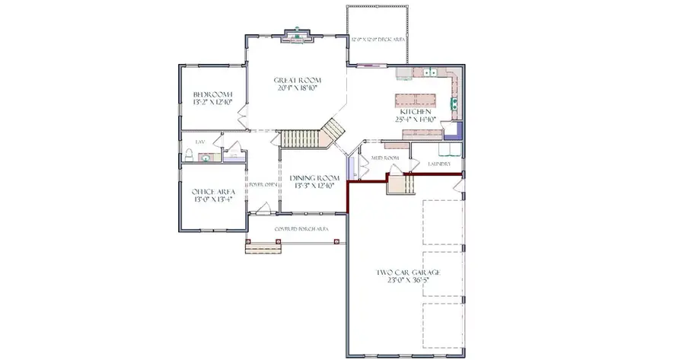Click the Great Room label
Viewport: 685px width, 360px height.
(297, 80)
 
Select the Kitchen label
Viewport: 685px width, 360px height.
(415, 111)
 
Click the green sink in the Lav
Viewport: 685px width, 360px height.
(204, 158)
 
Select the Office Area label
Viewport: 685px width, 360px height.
(212, 192)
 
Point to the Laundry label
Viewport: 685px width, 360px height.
(439, 164)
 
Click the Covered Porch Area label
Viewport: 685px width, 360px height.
(296, 228)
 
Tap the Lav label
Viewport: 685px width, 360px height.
(200, 142)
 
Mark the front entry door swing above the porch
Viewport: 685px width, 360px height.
(263, 208)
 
